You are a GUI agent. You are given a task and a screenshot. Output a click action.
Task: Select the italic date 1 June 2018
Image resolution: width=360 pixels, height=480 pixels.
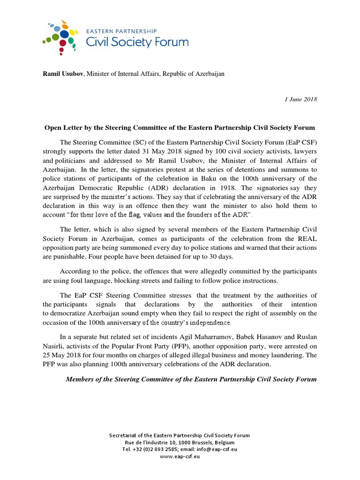pos(301,99)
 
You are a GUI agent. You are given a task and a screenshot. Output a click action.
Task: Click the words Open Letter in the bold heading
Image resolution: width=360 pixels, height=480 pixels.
pos(63,127)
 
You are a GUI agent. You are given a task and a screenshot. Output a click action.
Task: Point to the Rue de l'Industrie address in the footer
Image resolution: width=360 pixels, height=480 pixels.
pos(180,442)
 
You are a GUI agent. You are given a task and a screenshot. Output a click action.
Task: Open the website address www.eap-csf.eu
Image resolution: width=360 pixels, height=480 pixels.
pos(180,456)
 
